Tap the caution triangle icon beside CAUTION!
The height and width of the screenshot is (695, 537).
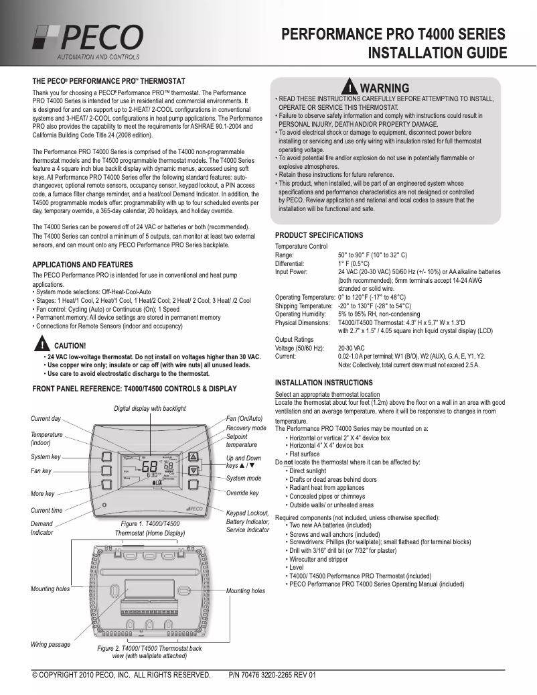[42, 344]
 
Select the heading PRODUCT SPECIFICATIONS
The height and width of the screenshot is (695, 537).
[319, 235]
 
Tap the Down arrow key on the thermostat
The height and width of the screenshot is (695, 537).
[194, 470]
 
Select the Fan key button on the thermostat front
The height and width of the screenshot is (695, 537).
[106, 471]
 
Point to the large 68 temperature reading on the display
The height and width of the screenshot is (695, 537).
[149, 466]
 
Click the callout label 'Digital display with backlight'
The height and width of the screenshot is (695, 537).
[149, 408]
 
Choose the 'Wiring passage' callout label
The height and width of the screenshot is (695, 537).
[50, 644]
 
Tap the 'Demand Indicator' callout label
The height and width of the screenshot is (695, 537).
[42, 527]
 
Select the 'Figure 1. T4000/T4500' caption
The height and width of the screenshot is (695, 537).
[151, 523]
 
